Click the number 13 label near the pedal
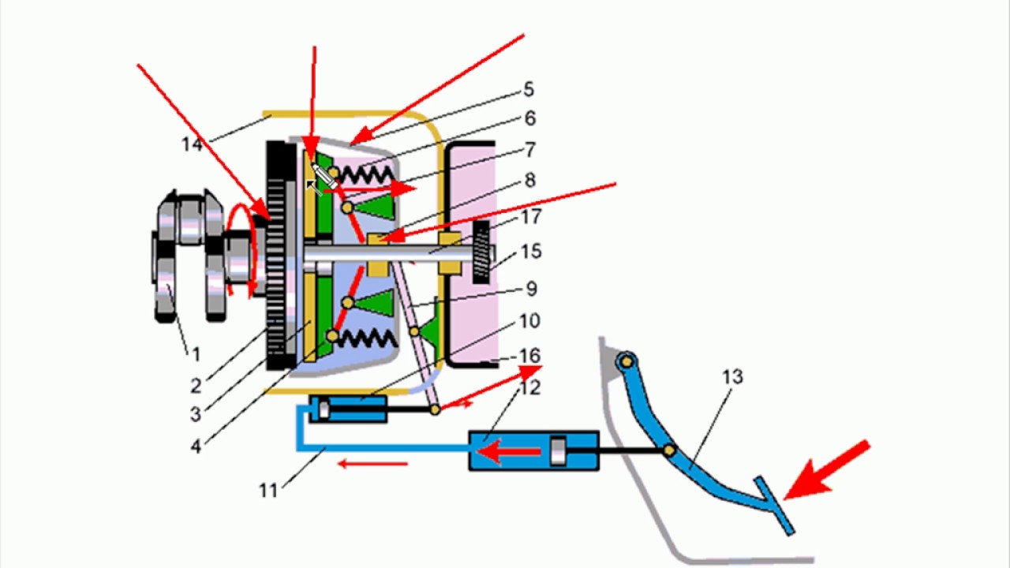732,378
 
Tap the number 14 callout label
192,144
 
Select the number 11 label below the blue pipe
268,491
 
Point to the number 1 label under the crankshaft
195,355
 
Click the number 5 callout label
529,90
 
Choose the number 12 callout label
529,387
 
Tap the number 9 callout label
530,289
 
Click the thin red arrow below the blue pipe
372,464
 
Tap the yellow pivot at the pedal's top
627,362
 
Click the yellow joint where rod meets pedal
669,450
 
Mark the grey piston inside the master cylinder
559,452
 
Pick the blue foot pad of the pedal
773,505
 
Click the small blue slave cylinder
348,409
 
